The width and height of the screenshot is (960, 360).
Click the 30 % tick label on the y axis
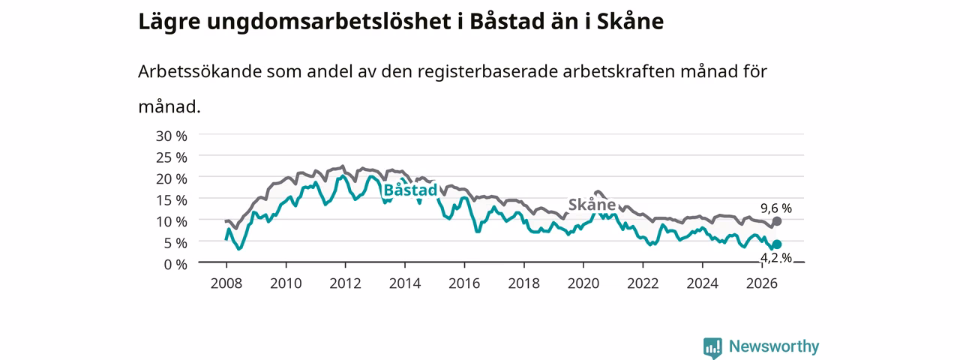[172, 136]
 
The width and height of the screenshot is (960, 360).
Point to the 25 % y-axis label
[172, 157]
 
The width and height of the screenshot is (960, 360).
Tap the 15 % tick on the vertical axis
[172, 200]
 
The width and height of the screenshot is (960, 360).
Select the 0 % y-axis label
[175, 265]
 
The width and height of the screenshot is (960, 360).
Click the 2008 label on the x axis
[226, 283]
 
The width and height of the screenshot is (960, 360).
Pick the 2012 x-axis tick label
[346, 283]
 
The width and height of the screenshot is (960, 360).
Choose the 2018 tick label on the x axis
[523, 283]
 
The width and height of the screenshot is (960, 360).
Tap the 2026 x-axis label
[762, 283]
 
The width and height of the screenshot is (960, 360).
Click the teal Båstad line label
[410, 190]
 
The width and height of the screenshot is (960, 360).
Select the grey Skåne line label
[592, 205]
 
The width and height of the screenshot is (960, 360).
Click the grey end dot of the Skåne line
[776, 221]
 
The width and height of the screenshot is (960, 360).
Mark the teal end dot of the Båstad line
[776, 244]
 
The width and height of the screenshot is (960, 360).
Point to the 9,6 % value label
[776, 208]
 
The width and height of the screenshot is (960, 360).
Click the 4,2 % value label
[776, 257]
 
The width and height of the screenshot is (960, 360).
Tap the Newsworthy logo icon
[712, 347]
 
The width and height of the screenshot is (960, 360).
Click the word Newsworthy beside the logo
[774, 346]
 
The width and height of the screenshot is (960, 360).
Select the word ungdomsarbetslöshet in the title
[328, 22]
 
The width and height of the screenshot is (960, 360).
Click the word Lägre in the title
[169, 22]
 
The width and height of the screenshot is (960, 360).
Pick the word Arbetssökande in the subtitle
[199, 71]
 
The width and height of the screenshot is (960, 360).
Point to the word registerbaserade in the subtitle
[487, 72]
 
